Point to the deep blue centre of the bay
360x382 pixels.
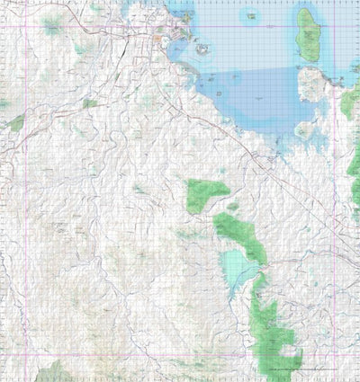coord(261,94)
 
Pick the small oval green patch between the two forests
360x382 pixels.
coord(233,206)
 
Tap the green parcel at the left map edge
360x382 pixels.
coord(16,123)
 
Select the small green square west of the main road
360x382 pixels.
coord(89,103)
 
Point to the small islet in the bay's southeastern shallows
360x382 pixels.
coord(304,130)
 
